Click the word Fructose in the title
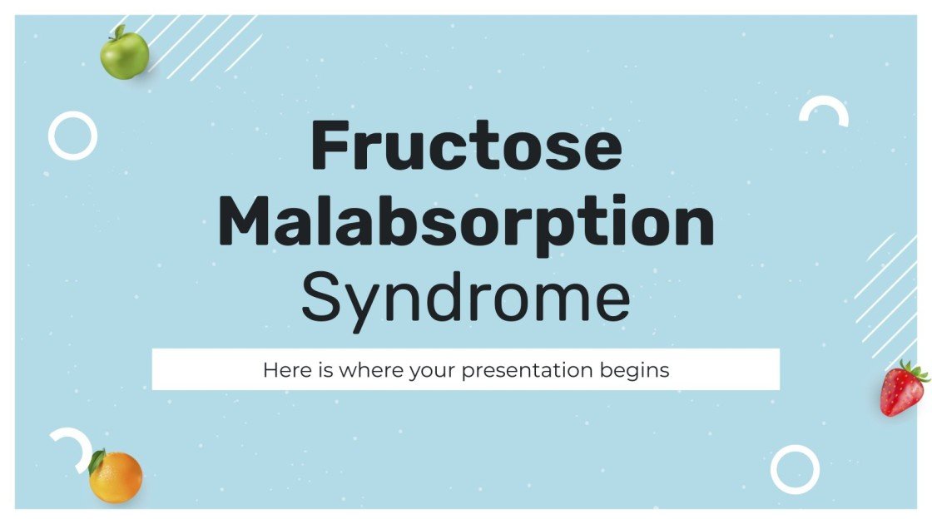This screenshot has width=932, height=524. coord(466,147)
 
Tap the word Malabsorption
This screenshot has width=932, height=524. coord(466,220)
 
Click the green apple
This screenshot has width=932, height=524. coord(124,55)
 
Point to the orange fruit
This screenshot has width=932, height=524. coord(116,478)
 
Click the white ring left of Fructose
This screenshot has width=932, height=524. coord(72,136)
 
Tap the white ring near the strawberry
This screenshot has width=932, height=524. coord(795,469)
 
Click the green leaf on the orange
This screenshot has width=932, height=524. coord(97,462)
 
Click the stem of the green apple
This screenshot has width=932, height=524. coord(118,31)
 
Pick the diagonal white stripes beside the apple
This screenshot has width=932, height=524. coord(204,46)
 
